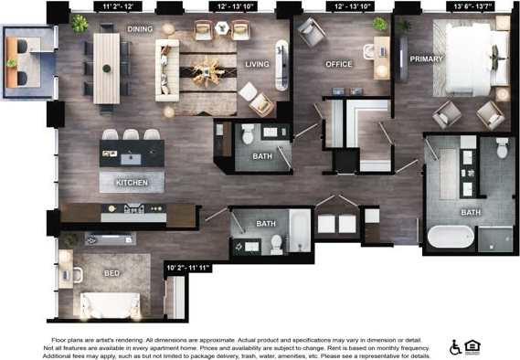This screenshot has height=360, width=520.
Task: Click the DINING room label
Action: click(140, 29)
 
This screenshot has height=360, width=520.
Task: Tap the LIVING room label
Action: click(258, 65)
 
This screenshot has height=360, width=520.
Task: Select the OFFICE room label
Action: click(339, 65)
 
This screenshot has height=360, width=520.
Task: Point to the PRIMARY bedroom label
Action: click(426, 59)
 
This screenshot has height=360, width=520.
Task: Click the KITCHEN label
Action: click(132, 183)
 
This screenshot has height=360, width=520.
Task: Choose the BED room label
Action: click(111, 273)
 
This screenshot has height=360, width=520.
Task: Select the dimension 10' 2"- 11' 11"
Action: click(188, 268)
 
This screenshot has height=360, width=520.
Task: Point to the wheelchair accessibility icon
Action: click(455, 347)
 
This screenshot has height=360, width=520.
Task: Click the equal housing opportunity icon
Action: click(472, 347)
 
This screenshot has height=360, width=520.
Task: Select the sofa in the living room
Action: click(167, 68)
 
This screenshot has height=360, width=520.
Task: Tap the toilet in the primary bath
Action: click(502, 148)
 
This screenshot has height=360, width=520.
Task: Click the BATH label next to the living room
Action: click(261, 156)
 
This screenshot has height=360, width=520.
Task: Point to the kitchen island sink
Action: click(132, 157)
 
